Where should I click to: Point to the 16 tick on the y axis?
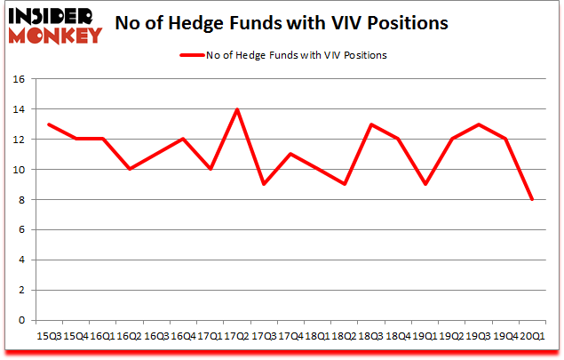(x=17, y=79)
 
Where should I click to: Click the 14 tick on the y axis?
(x=17, y=109)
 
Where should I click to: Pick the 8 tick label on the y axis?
(x=20, y=200)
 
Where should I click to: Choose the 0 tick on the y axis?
(x=20, y=320)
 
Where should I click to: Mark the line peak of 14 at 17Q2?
(x=237, y=109)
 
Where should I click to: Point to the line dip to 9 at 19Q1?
(x=427, y=185)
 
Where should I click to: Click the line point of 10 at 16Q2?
(x=129, y=170)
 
